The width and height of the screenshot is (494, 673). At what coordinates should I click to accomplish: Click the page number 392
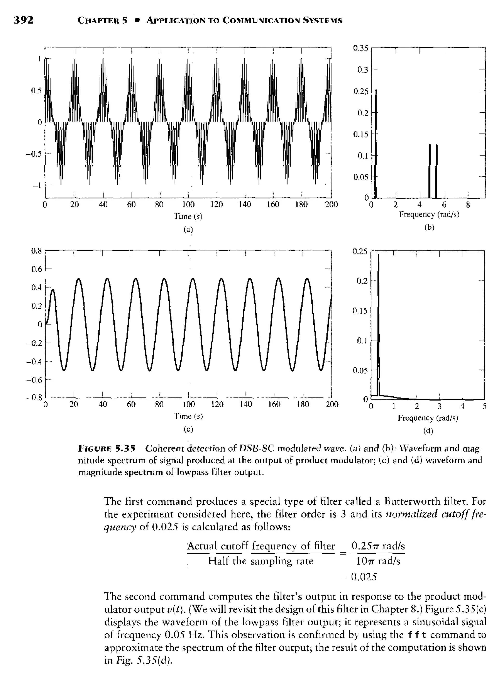tap(24, 20)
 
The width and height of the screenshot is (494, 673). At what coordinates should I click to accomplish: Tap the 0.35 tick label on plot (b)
tap(360, 48)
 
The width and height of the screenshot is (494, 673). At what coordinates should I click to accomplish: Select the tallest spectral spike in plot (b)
tap(376, 144)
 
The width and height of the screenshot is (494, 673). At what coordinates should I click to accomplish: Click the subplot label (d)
tap(428, 431)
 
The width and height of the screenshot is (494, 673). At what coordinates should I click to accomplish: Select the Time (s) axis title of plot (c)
tap(188, 416)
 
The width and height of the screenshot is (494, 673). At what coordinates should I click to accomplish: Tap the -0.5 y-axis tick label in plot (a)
tap(34, 154)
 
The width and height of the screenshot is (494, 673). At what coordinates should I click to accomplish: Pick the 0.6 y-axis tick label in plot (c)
tap(37, 269)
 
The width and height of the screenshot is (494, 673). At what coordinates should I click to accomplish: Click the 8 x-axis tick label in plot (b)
tap(468, 205)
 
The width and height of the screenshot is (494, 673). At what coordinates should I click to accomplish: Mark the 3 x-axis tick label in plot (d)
tap(439, 406)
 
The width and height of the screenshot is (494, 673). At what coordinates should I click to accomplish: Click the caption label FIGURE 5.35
tap(107, 448)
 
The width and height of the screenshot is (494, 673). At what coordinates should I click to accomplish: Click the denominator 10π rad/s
tap(378, 561)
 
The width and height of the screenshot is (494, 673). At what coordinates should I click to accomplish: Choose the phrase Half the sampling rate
tap(261, 561)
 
